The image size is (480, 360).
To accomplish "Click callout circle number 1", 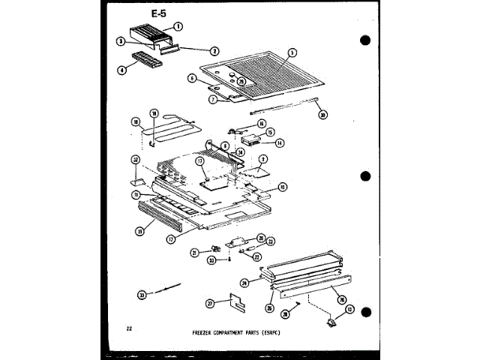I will tap(178, 26).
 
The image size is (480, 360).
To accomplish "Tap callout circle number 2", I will tap(214, 51).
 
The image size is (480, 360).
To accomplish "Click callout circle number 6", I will tap(192, 78).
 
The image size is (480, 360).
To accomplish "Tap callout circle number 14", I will tap(280, 142).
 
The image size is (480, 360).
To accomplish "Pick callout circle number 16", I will tap(262, 123).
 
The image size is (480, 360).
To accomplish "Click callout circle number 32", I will tap(136, 160).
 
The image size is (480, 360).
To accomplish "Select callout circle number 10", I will tap(282, 187).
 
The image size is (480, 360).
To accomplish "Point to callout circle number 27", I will tap(210, 303).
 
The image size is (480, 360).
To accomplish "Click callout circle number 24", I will tap(244, 282).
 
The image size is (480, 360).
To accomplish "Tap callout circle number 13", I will tap(349, 309).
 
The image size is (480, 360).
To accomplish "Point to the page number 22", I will tap(130, 328).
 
